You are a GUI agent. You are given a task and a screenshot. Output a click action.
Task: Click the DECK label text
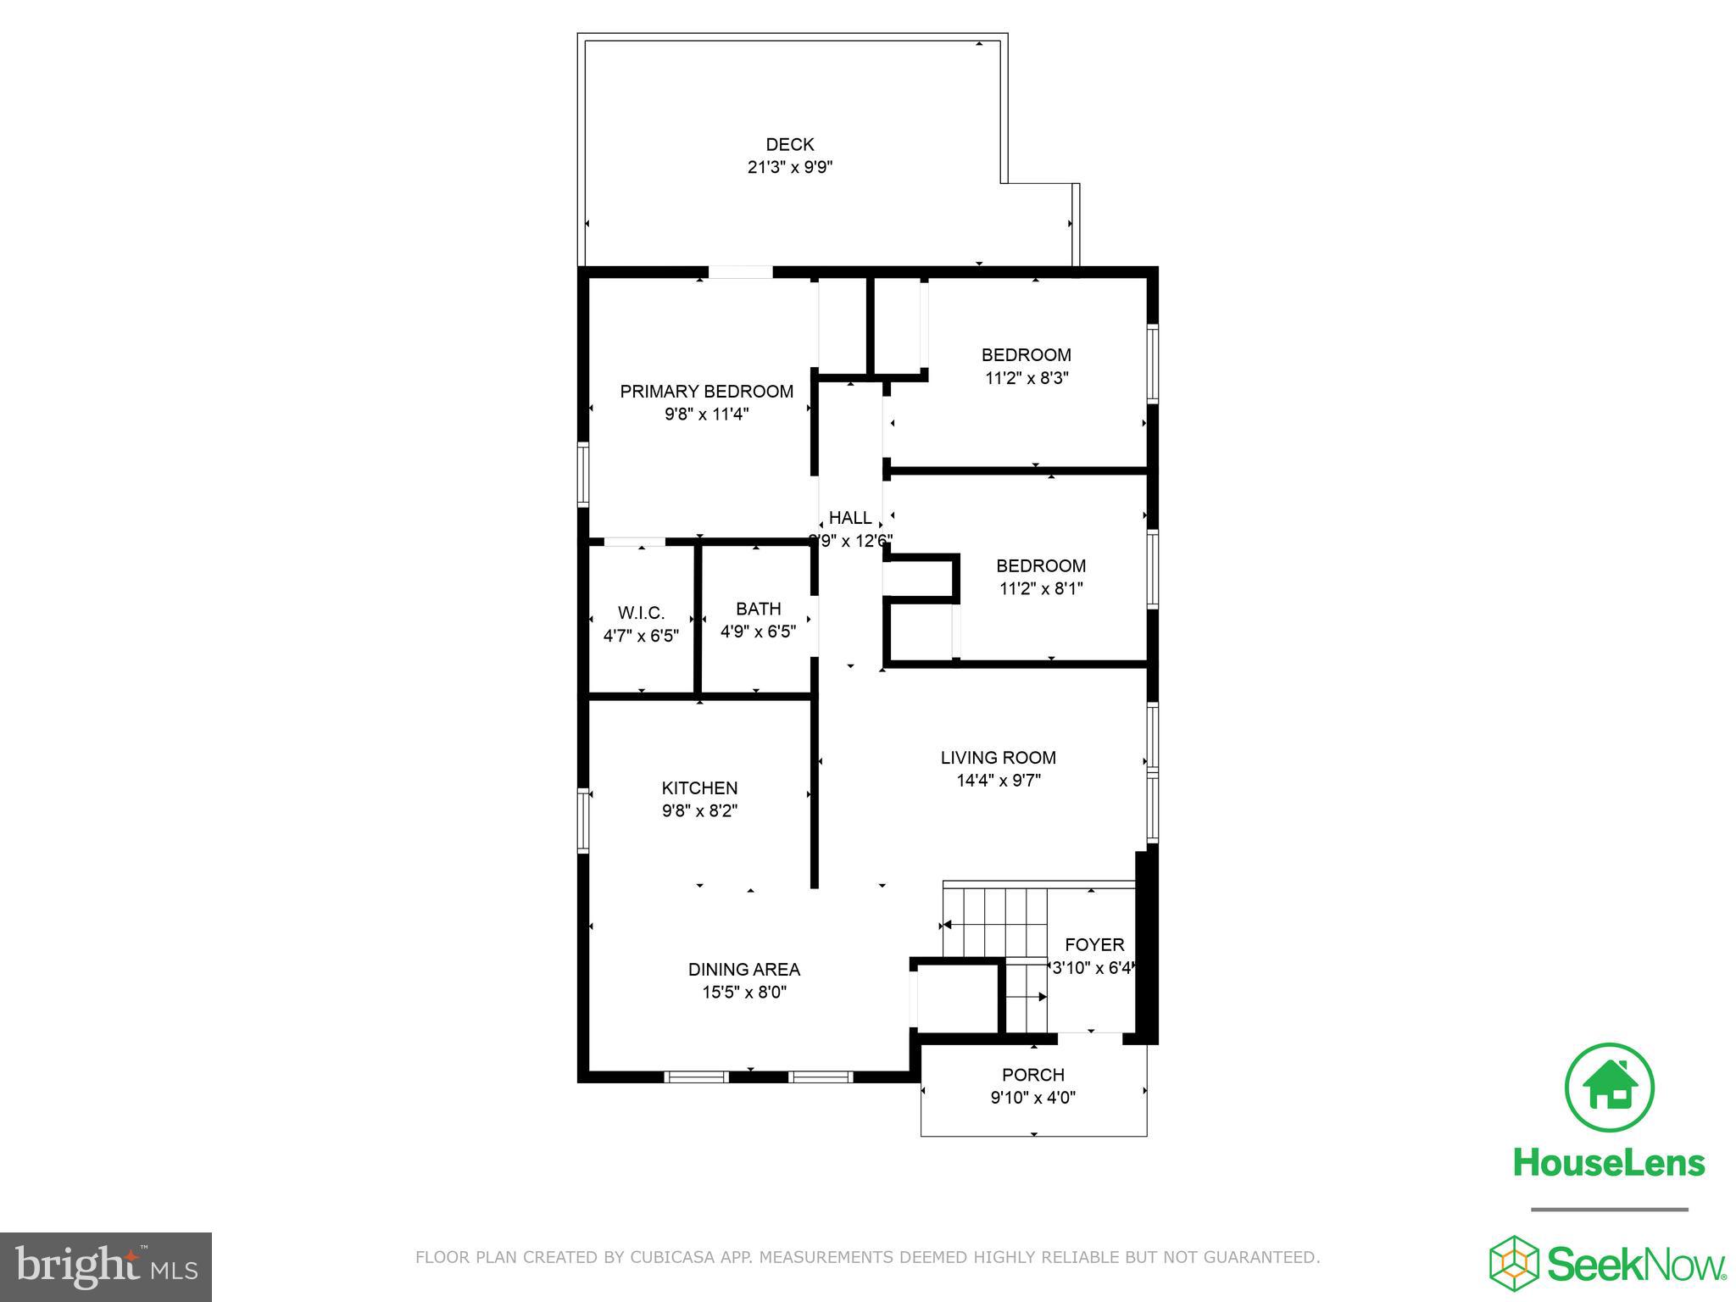tap(789, 145)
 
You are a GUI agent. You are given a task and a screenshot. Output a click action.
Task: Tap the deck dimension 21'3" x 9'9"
tap(789, 168)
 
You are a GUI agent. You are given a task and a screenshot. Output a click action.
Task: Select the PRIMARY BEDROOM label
tap(706, 392)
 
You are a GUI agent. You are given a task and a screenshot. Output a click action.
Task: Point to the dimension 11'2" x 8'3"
tap(1026, 378)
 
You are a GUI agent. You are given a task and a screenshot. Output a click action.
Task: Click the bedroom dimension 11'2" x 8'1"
tap(1040, 588)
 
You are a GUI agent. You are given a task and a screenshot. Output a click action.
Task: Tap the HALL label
tap(849, 518)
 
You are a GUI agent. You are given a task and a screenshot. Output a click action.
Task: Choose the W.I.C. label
tap(641, 613)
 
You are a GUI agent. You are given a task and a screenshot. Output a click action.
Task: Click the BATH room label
tap(758, 609)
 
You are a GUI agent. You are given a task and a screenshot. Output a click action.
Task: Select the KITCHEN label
tap(699, 788)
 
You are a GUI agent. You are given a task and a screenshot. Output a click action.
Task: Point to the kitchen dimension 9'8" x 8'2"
tap(699, 811)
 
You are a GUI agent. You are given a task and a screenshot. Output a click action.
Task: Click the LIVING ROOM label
tap(998, 758)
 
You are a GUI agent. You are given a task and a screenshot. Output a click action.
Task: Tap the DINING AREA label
tap(743, 970)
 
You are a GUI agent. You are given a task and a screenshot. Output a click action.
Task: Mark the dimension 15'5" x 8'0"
tap(743, 993)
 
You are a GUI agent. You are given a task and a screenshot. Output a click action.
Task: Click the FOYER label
tap(1093, 945)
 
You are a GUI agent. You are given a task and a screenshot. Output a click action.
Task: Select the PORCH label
tap(1032, 1075)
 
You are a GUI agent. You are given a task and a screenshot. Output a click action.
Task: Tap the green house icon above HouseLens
tap(1608, 1088)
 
